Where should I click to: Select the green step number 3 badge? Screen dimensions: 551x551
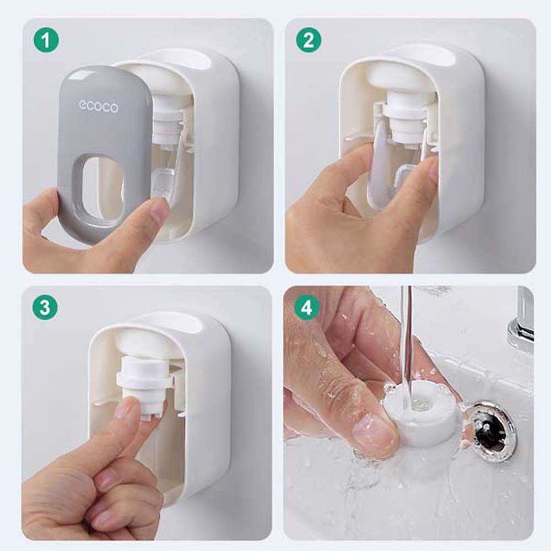point(46,307)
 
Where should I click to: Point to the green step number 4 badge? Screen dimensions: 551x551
point(306,307)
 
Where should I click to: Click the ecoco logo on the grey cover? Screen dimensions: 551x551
point(98,106)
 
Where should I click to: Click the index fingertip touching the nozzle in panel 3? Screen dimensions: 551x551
point(130,410)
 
